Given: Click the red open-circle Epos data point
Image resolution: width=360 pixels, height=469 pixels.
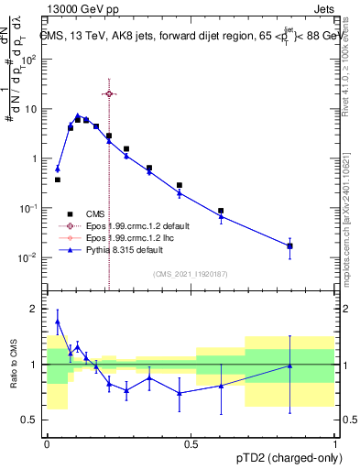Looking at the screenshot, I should pyautogui.click(x=109, y=93).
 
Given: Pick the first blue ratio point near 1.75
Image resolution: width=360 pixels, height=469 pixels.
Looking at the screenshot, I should pyautogui.click(x=58, y=322).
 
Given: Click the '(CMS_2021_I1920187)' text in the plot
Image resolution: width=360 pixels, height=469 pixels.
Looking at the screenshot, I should pyautogui.click(x=191, y=272).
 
